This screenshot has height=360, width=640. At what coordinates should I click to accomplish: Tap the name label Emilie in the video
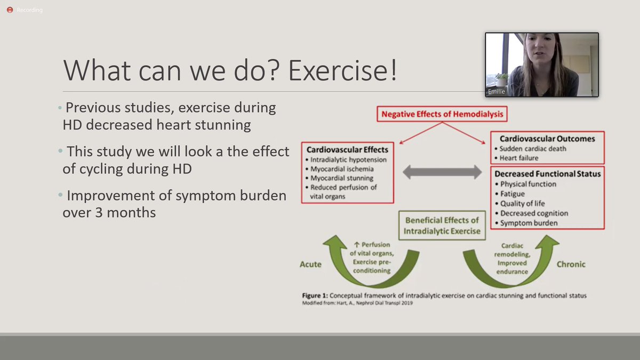[x=497, y=92]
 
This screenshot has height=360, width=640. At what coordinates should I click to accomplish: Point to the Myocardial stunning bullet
[x=342, y=178]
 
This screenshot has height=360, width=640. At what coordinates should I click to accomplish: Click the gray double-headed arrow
[x=442, y=172]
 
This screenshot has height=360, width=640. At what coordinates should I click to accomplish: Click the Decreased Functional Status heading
[x=548, y=174]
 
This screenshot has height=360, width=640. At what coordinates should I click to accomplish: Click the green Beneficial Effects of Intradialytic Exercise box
[x=442, y=225]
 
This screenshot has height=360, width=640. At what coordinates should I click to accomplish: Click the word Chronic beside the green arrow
[x=571, y=264]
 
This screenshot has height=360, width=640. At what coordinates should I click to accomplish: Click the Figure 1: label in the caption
[x=316, y=295]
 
